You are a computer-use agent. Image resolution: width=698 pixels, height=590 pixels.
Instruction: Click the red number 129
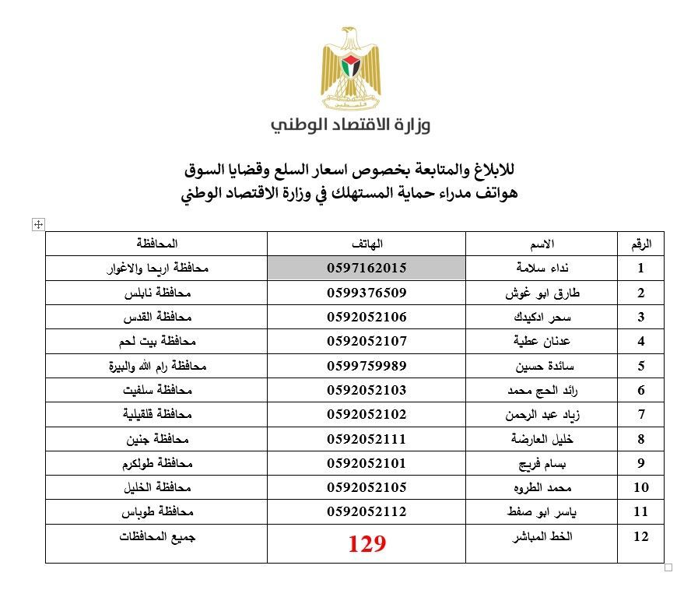(x=367, y=544)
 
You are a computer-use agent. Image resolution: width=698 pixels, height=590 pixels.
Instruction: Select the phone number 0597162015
(x=367, y=269)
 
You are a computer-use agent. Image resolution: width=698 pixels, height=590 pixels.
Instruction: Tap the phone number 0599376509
(x=367, y=293)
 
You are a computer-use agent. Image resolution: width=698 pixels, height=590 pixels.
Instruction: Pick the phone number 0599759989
(x=367, y=366)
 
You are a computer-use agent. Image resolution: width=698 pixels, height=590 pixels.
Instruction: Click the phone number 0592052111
(x=367, y=439)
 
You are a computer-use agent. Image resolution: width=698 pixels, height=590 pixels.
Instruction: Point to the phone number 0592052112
(x=367, y=512)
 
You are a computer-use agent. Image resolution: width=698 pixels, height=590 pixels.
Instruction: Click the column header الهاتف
(x=367, y=244)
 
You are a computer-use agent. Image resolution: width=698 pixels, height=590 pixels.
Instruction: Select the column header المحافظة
(x=156, y=244)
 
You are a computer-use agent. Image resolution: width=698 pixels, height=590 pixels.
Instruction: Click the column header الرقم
(x=640, y=244)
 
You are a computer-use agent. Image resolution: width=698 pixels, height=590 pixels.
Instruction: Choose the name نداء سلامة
(x=542, y=269)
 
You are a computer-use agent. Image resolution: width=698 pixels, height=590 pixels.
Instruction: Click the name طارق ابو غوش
(x=542, y=293)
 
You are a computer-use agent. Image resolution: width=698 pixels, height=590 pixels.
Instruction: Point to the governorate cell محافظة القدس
(x=157, y=318)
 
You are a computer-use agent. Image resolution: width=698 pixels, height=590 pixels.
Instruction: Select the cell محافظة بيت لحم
(x=157, y=342)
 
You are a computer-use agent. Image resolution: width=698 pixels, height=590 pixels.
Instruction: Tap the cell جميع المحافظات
(x=157, y=537)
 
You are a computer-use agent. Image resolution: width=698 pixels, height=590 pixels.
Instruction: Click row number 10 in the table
(x=640, y=488)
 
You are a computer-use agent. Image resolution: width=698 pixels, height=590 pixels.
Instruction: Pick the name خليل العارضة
(x=542, y=439)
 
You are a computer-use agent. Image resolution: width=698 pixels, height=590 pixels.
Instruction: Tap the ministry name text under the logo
(x=350, y=125)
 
